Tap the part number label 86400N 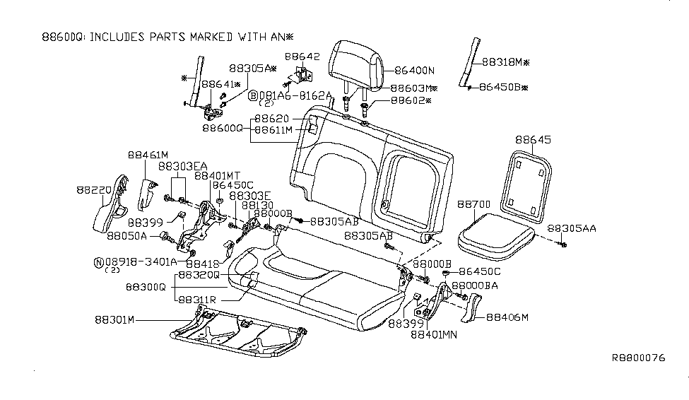pyautogui.click(x=415, y=71)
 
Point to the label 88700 pyautogui.click(x=473, y=204)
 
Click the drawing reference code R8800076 pyautogui.click(x=638, y=358)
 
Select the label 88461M pyautogui.click(x=148, y=155)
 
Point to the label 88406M pyautogui.click(x=506, y=318)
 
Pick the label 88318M pyautogui.click(x=506, y=62)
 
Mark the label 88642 pyautogui.click(x=302, y=56)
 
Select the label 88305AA pyautogui.click(x=572, y=228)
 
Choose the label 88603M pyautogui.click(x=414, y=89)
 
